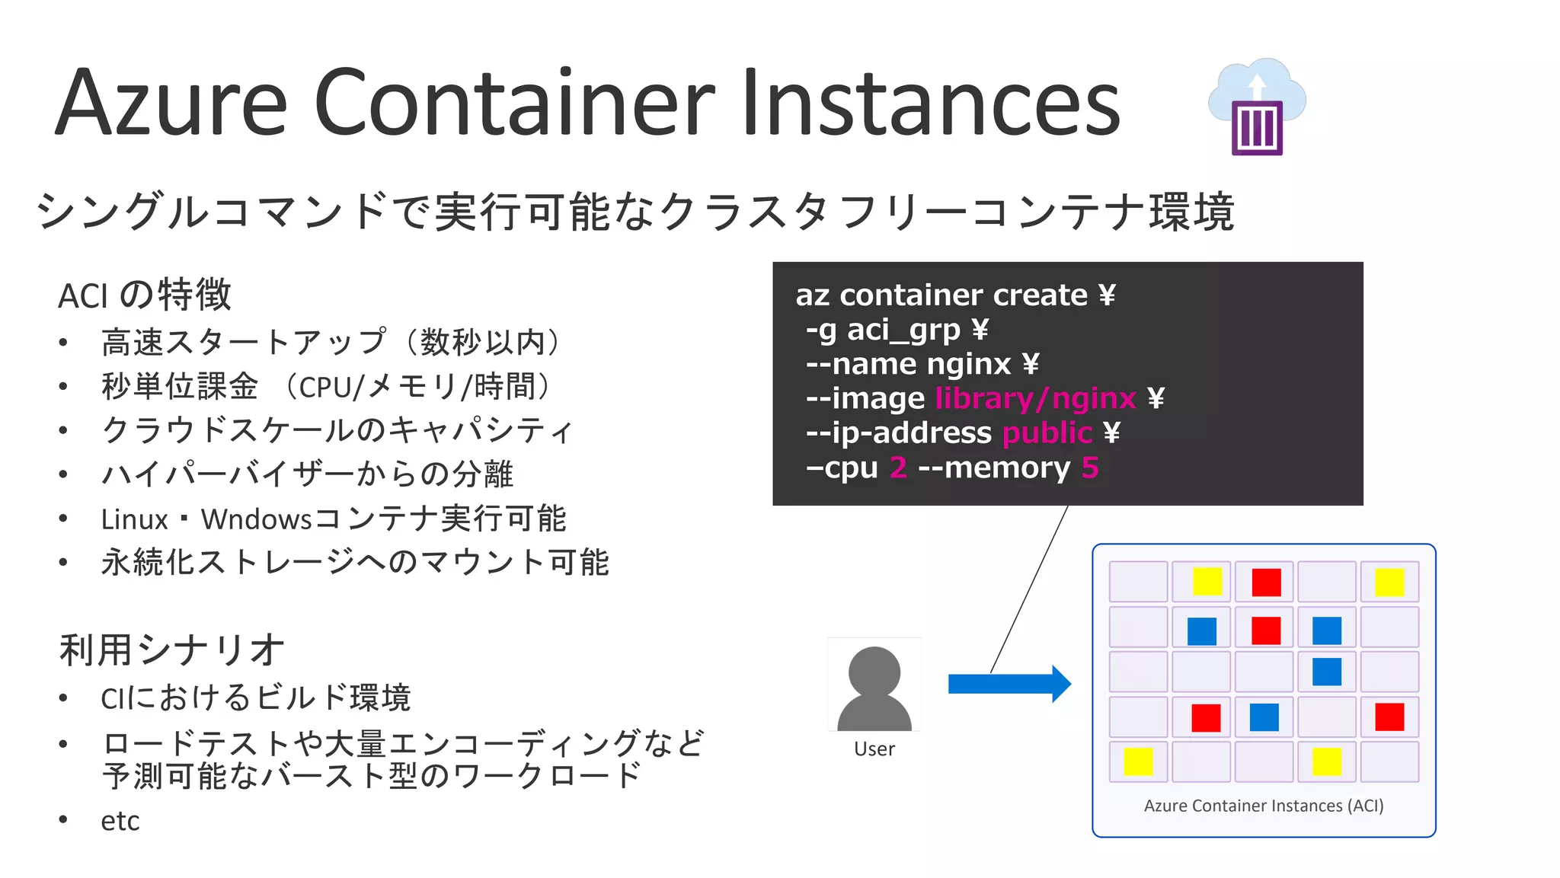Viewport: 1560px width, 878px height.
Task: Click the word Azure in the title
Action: tap(171, 103)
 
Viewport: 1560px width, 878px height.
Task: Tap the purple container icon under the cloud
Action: tap(1257, 128)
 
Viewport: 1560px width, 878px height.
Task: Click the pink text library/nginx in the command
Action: tap(1036, 398)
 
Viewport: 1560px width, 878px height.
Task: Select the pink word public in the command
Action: tap(1047, 433)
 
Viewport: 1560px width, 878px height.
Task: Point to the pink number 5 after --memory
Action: tap(1090, 468)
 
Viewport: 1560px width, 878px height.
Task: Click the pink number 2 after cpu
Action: tap(898, 468)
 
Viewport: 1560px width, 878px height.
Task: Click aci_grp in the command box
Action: tap(903, 330)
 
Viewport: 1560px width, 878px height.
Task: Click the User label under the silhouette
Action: tap(874, 749)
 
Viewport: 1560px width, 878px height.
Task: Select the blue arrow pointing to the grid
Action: tap(1009, 684)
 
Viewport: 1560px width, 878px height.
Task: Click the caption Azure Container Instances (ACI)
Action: tap(1264, 806)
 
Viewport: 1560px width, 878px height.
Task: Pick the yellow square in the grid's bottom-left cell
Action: tap(1138, 761)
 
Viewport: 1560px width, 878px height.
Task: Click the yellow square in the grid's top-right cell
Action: tap(1389, 583)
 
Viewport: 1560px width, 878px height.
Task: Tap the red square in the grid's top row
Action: tap(1266, 583)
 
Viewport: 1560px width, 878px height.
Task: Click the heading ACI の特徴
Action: tap(145, 295)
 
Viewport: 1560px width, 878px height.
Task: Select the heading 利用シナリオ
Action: tap(172, 650)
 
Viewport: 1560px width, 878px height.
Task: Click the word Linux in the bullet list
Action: tap(134, 519)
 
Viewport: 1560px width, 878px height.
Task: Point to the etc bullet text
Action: tap(120, 821)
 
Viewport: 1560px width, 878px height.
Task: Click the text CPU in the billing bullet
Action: tap(324, 388)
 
